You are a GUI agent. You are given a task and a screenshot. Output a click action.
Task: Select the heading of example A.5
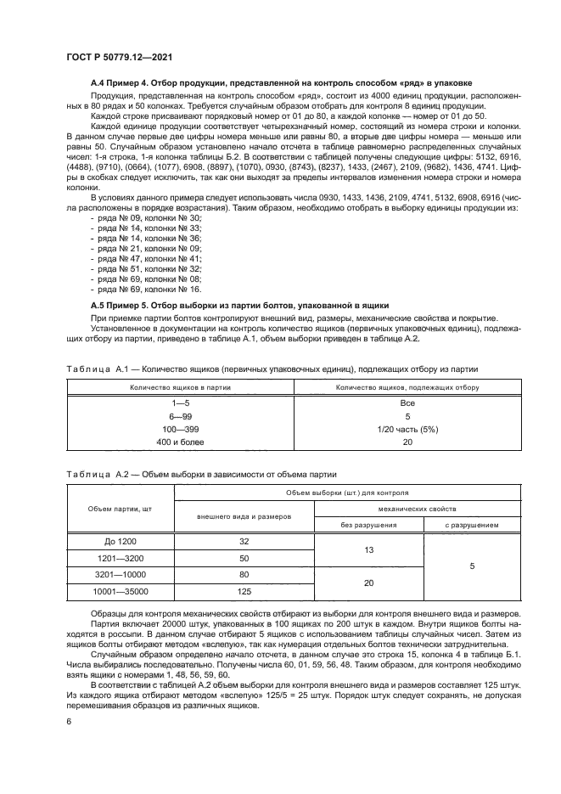coord(239,303)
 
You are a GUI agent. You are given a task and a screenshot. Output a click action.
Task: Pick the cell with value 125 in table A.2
coord(244,591)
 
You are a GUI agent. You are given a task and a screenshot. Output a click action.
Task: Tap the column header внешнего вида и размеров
coord(244,516)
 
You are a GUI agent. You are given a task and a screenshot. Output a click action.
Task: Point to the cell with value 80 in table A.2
coord(244,574)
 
